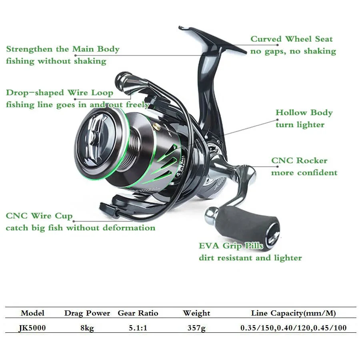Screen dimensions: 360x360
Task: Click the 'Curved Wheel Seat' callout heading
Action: [291, 39]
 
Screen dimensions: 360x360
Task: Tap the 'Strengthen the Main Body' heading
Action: [63, 49]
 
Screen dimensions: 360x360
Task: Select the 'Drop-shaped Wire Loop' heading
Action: [60, 93]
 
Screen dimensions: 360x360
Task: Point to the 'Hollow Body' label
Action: [304, 112]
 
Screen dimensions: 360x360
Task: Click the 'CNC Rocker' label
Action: [299, 160]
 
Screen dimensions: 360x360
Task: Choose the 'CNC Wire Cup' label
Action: [39, 216]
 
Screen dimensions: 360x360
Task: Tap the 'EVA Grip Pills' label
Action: [231, 246]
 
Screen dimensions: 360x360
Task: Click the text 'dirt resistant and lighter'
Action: [250, 258]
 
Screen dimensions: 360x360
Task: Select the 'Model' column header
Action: [32, 313]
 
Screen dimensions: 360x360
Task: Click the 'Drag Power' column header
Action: [87, 313]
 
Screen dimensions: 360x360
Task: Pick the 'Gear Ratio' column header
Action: [138, 313]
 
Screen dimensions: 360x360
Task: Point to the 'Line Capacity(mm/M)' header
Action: [293, 313]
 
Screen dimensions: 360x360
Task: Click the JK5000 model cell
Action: [32, 328]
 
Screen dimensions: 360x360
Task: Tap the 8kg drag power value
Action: [87, 328]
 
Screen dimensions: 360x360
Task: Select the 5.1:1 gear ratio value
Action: [138, 328]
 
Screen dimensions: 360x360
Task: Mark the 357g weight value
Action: [196, 328]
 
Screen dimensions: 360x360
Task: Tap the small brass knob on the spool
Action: [157, 126]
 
